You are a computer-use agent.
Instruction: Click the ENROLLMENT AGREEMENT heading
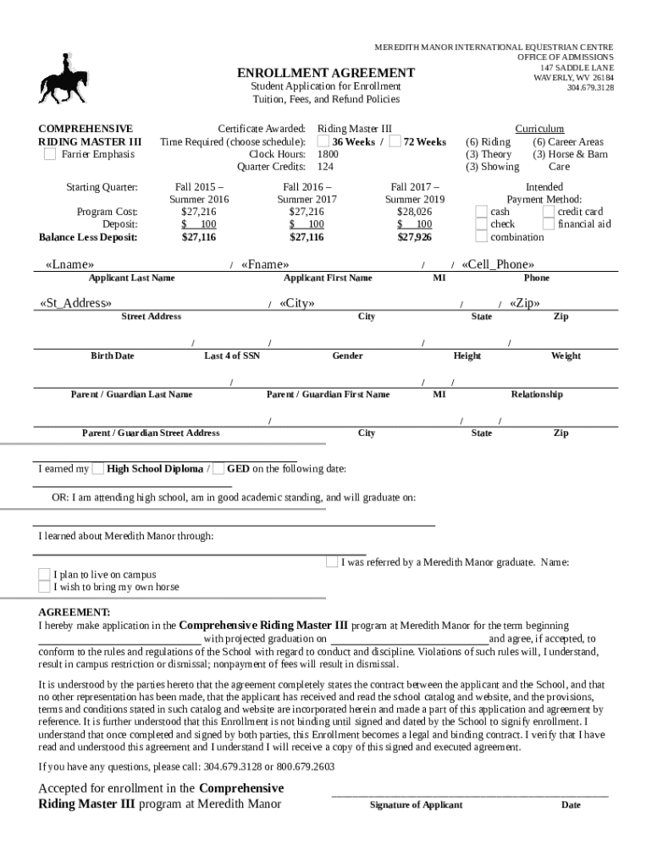click(x=325, y=73)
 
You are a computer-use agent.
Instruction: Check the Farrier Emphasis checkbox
click(x=50, y=155)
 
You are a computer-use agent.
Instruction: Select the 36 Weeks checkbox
click(x=323, y=142)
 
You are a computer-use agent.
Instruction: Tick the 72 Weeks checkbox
click(x=395, y=142)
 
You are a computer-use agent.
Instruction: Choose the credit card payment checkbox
click(x=549, y=212)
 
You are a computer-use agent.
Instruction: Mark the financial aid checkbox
click(x=549, y=224)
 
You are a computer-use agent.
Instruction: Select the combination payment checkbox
click(x=481, y=237)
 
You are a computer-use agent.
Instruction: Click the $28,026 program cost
click(x=414, y=212)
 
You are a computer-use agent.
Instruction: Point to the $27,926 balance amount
click(x=414, y=238)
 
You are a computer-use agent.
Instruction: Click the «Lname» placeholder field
click(x=69, y=265)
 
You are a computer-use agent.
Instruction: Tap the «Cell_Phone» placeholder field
click(x=498, y=265)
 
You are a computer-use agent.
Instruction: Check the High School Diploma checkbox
click(x=98, y=469)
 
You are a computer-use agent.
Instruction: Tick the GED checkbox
click(x=218, y=469)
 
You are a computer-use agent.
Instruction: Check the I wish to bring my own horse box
click(x=45, y=587)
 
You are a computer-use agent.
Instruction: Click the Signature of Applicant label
click(x=416, y=805)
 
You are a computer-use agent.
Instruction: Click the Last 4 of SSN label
click(x=232, y=356)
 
